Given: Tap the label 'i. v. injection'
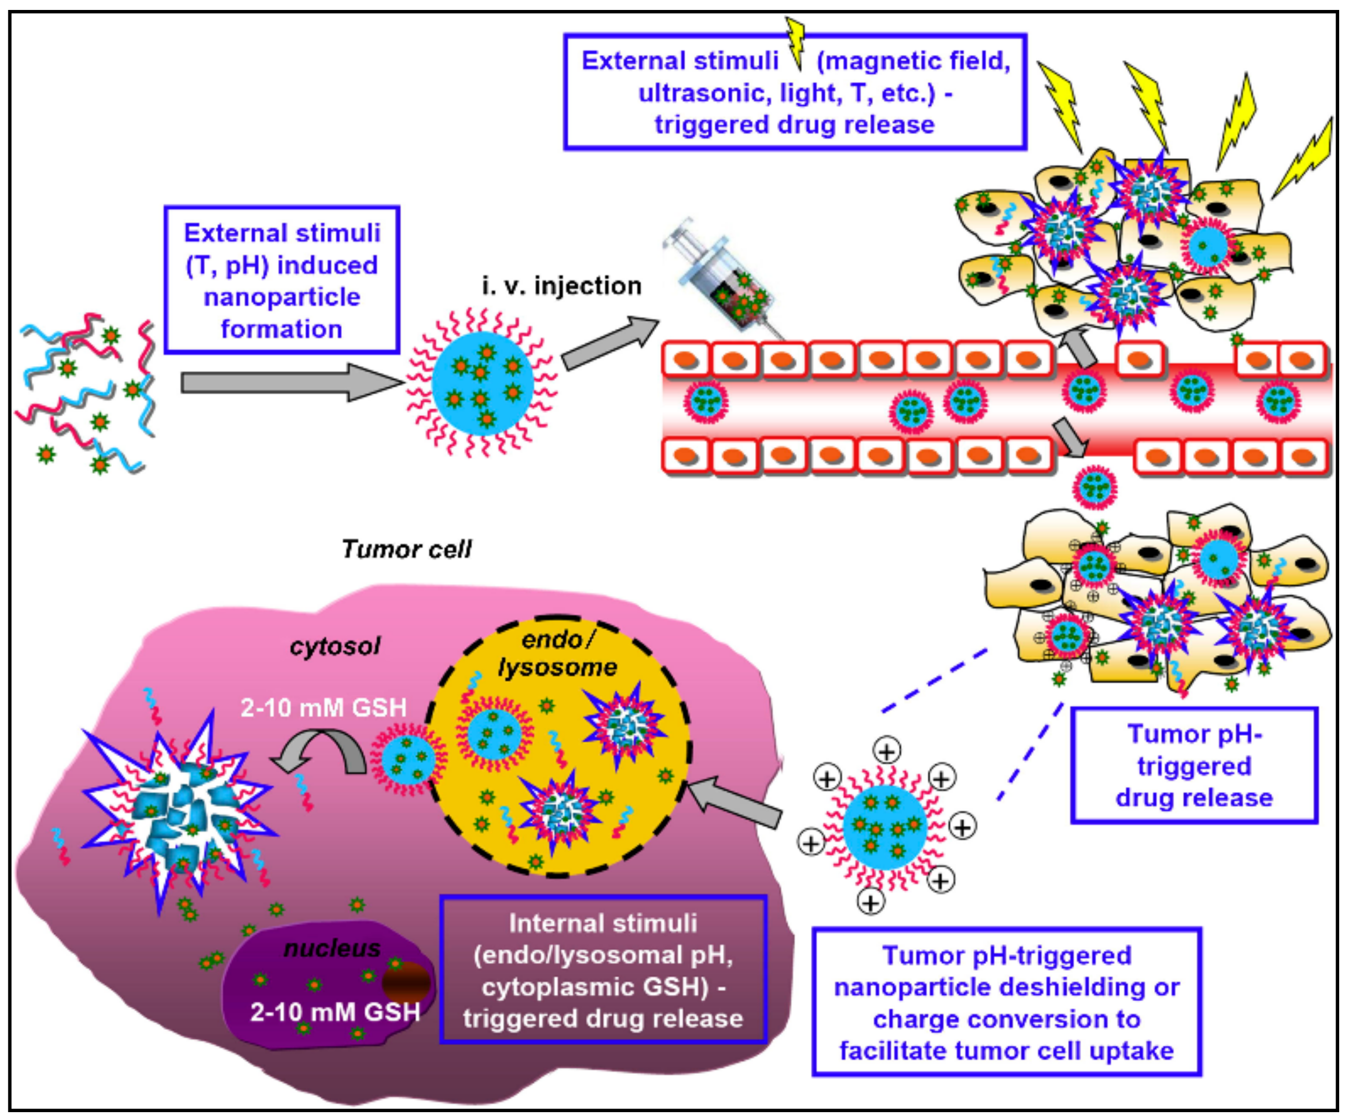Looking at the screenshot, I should pyautogui.click(x=561, y=286).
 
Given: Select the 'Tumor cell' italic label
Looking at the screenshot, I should pyautogui.click(x=406, y=549).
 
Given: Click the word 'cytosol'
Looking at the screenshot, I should pyautogui.click(x=335, y=646).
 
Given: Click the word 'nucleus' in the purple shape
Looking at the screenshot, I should pyautogui.click(x=332, y=948).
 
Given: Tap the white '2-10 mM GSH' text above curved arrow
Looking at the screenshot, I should pyautogui.click(x=323, y=708).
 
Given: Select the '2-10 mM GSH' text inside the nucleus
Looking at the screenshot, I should pyautogui.click(x=335, y=1012).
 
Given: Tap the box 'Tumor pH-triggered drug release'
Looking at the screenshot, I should pyautogui.click(x=1194, y=766).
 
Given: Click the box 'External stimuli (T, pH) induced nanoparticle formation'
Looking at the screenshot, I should pyautogui.click(x=282, y=280).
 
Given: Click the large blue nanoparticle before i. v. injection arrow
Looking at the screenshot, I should pyautogui.click(x=482, y=383).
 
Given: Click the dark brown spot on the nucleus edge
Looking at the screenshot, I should pyautogui.click(x=406, y=981).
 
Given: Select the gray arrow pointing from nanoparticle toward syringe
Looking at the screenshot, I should pyautogui.click(x=609, y=343).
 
